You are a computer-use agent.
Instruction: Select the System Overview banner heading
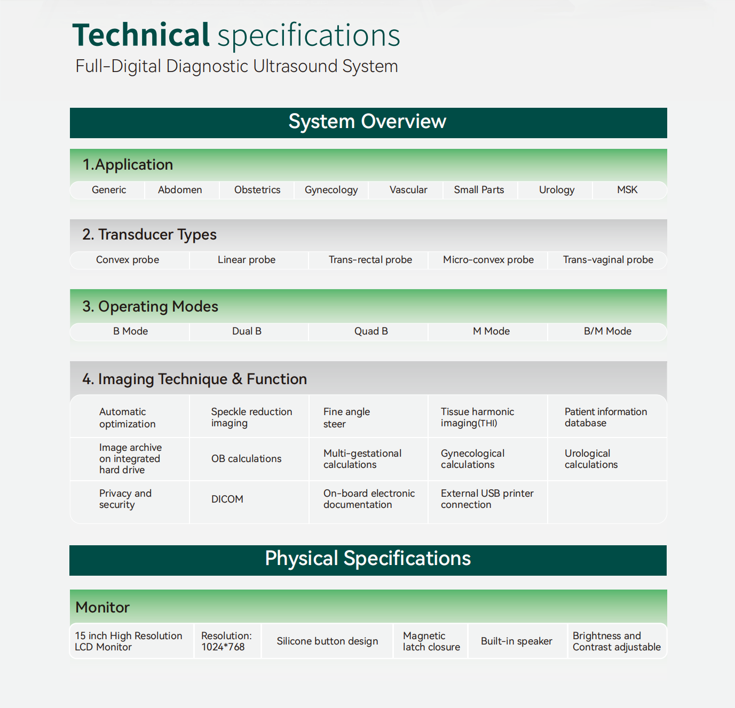pyautogui.click(x=367, y=122)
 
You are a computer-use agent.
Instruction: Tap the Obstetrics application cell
pyautogui.click(x=257, y=189)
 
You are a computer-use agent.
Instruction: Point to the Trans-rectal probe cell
pyautogui.click(x=370, y=260)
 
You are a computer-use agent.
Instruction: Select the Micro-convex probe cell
pyautogui.click(x=488, y=260)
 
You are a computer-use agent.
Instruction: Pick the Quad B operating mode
pyautogui.click(x=371, y=331)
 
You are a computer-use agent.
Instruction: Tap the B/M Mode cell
pyautogui.click(x=607, y=331)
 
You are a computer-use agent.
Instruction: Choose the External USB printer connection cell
pyautogui.click(x=487, y=499)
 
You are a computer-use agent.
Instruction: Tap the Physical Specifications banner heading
pyautogui.click(x=368, y=558)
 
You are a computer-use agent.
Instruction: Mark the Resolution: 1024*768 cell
pyautogui.click(x=226, y=641)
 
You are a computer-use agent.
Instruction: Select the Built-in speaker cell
pyautogui.click(x=516, y=641)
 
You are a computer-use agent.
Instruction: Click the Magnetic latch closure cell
pyautogui.click(x=431, y=641)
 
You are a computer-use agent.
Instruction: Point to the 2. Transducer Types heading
pyautogui.click(x=149, y=235)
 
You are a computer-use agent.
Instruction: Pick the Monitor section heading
pyautogui.click(x=102, y=608)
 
